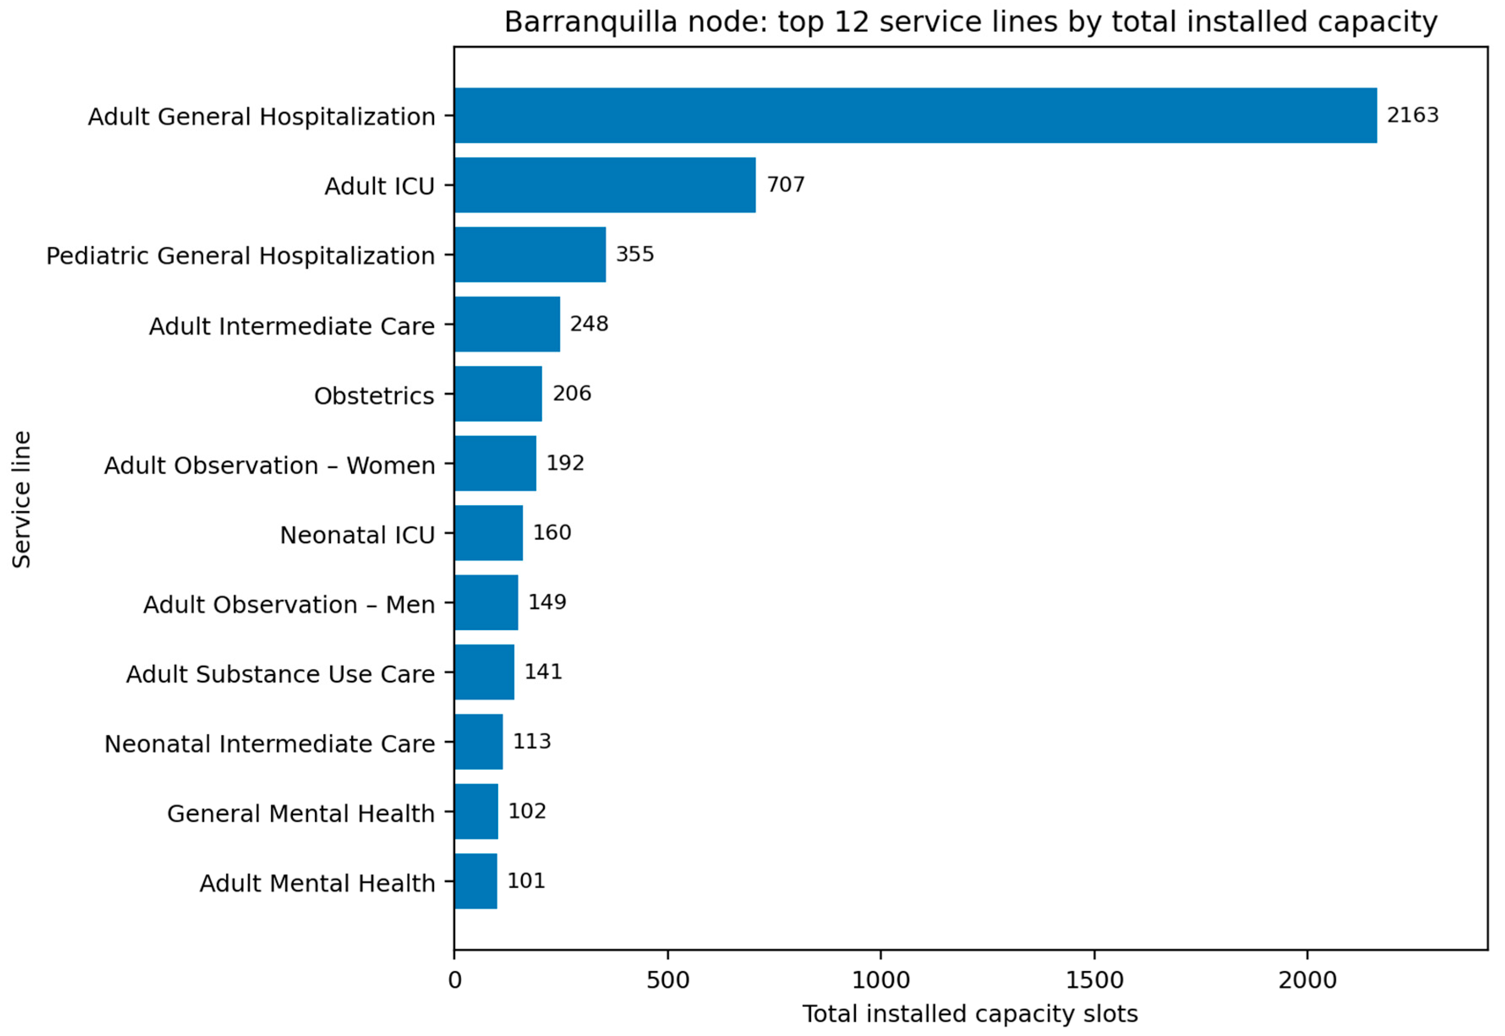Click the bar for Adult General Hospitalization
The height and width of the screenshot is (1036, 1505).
pos(916,116)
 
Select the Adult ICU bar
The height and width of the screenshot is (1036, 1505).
pos(605,185)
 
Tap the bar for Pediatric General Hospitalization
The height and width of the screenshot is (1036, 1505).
pos(530,254)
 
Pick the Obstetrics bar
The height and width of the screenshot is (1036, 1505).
pos(498,394)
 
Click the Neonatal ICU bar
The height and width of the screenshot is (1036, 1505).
pos(489,533)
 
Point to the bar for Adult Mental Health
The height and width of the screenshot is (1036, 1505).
pos(476,881)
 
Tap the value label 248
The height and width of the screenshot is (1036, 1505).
pos(589,324)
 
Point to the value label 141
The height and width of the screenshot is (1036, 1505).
pos(543,672)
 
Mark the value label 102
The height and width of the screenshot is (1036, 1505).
pos(527,811)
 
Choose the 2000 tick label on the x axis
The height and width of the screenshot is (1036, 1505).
pos(1308,980)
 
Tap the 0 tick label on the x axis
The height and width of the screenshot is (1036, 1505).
pos(455,980)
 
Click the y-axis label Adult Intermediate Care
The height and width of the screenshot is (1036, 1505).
pos(292,326)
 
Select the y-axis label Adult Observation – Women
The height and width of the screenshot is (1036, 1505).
pos(270,465)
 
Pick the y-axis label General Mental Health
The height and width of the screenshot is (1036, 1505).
pos(301,813)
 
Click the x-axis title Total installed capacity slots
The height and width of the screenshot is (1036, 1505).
pos(970,1014)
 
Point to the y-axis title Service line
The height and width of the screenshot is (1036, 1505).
pos(22,500)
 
